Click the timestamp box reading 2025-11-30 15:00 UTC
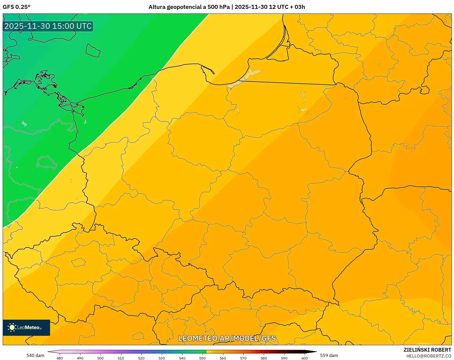click(48, 26)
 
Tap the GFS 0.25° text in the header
click(16, 7)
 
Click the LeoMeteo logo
click(26, 327)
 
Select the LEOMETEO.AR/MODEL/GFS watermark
click(227, 338)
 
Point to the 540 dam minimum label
click(35, 355)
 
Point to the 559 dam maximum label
click(329, 355)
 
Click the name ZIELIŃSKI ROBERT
click(427, 350)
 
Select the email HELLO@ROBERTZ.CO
click(428, 356)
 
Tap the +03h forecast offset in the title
click(298, 7)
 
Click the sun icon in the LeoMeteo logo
click(12, 327)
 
